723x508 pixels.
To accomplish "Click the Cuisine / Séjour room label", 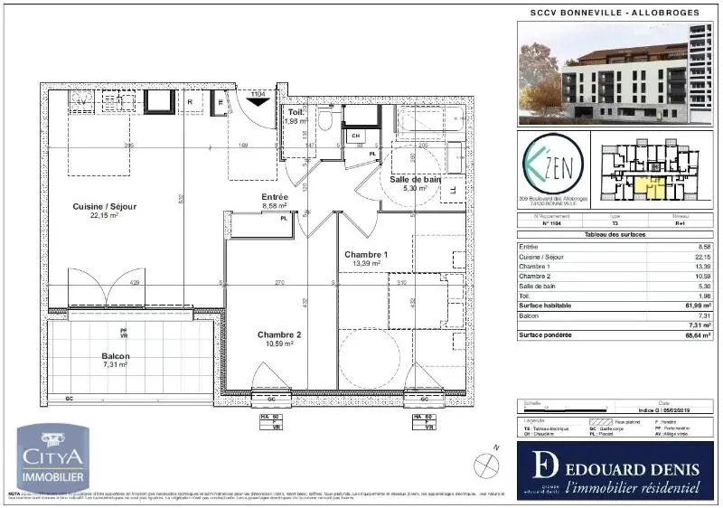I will [105, 207].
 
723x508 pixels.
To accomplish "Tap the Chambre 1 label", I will [366, 255].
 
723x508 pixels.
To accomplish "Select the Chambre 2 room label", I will [278, 334].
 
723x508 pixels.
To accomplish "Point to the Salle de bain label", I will [416, 179].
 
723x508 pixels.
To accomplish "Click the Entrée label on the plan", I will [275, 196].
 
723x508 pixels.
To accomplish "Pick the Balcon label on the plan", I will [116, 356].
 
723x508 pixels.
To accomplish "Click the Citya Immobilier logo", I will [53, 458].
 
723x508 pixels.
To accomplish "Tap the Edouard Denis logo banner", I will [615, 470].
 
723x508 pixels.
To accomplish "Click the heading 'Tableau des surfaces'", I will [615, 235].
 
